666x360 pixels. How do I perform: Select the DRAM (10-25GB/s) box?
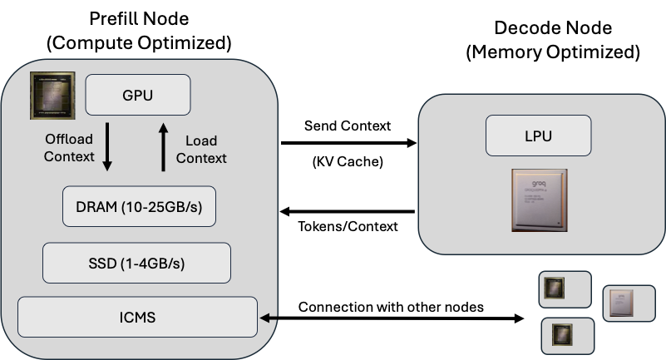click(140, 207)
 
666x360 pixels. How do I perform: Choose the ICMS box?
click(138, 317)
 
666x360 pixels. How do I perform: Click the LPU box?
click(538, 136)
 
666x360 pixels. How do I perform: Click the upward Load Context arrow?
click(164, 147)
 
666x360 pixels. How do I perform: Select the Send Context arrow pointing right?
click(348, 144)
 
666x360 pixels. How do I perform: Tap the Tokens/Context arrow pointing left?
click(347, 212)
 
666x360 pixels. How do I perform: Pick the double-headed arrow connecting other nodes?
click(392, 318)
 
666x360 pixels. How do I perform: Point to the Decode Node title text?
click(553, 27)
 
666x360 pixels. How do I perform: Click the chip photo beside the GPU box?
click(53, 95)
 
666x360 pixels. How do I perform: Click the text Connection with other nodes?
click(391, 306)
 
